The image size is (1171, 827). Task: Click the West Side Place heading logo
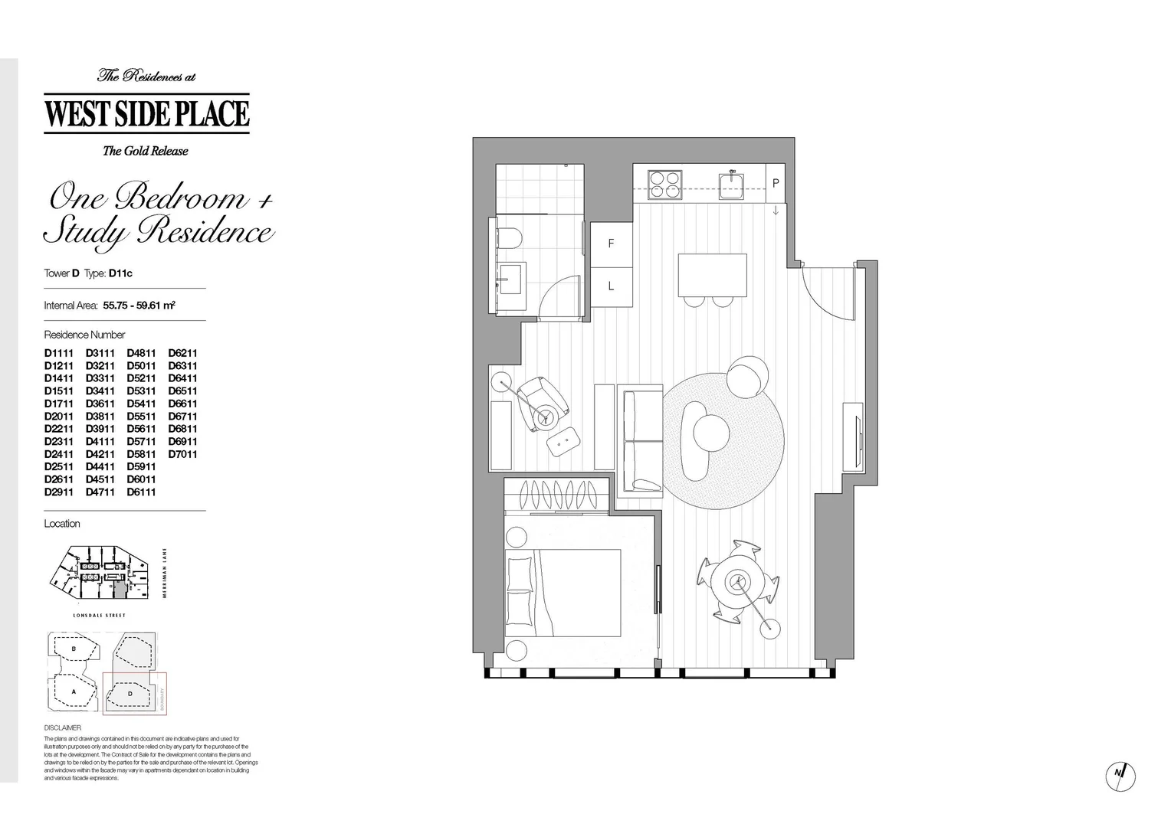pyautogui.click(x=146, y=113)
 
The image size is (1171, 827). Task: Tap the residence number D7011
pyautogui.click(x=182, y=454)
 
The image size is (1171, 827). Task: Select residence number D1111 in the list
pyautogui.click(x=58, y=353)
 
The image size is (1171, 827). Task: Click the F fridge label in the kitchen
pyautogui.click(x=611, y=244)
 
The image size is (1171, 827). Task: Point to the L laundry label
pyautogui.click(x=611, y=286)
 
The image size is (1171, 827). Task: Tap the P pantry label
pyautogui.click(x=776, y=184)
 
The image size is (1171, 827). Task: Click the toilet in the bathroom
pyautogui.click(x=509, y=239)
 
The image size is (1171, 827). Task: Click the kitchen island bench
pyautogui.click(x=712, y=275)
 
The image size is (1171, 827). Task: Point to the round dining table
pyautogui.click(x=738, y=581)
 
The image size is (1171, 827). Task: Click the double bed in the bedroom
pyautogui.click(x=563, y=592)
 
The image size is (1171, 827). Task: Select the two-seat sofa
pyautogui.click(x=641, y=440)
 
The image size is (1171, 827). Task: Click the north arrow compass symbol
pyautogui.click(x=1120, y=776)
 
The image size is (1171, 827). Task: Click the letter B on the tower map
pyautogui.click(x=74, y=649)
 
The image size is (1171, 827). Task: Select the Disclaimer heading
pyautogui.click(x=62, y=727)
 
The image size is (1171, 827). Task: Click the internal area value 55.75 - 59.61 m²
pyautogui.click(x=139, y=306)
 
